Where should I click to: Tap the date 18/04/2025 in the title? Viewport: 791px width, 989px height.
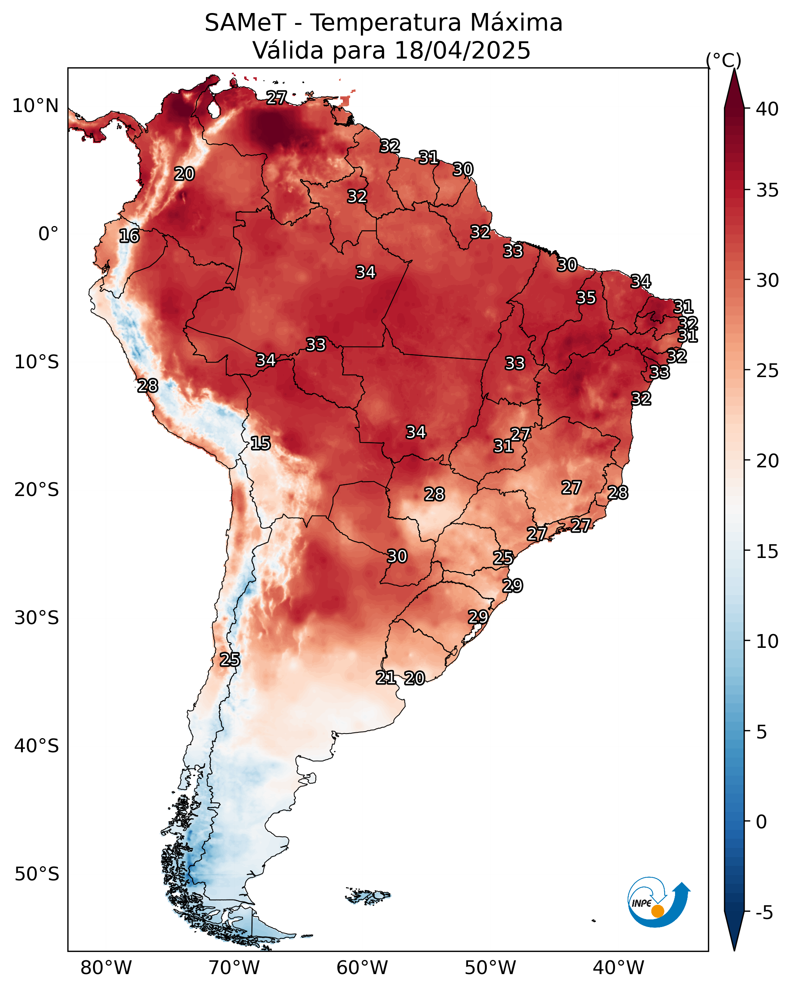462,50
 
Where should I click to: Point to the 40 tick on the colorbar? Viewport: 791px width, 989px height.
767,109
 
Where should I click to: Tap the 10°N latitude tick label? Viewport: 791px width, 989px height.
35,106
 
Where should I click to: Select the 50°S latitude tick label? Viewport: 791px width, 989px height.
37,875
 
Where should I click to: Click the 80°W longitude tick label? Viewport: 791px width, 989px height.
106,968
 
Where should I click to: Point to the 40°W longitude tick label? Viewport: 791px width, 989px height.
618,968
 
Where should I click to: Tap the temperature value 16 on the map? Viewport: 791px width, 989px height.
129,236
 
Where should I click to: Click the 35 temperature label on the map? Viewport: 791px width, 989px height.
586,298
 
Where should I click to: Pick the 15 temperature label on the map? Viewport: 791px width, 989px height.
260,443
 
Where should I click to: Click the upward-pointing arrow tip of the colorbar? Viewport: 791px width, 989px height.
734,69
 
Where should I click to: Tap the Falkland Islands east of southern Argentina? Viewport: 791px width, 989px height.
368,895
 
